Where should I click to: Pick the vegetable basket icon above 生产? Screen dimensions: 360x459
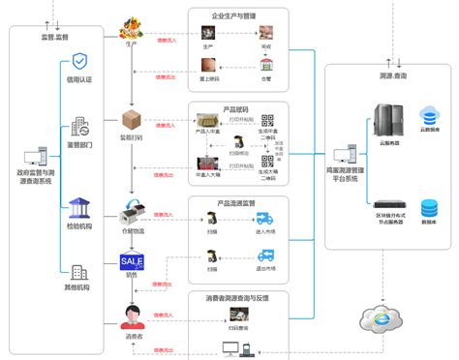click(x=131, y=28)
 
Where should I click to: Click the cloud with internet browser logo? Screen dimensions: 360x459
click(x=379, y=317)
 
